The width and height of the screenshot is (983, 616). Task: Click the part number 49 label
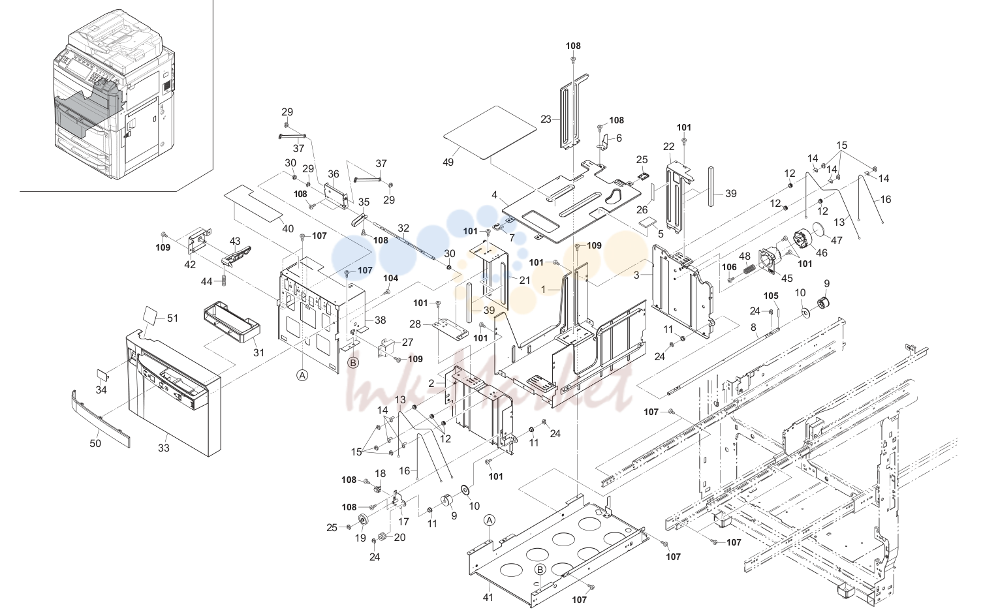coord(448,162)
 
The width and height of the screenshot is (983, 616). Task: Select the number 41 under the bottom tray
coord(488,597)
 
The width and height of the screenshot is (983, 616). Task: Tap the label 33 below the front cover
coord(163,448)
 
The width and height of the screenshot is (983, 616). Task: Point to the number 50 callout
coord(95,443)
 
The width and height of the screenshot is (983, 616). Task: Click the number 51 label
coord(172,318)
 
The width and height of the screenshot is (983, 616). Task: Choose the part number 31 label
coord(259,352)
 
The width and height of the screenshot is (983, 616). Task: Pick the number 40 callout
coord(288,228)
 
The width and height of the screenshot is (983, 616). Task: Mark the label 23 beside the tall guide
coord(546,119)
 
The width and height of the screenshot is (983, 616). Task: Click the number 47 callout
coord(836,240)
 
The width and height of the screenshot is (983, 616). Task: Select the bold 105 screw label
coord(771,296)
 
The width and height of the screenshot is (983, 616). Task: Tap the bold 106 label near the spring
coord(729,267)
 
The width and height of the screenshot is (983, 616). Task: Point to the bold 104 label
coord(390,278)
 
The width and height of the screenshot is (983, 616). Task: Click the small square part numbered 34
coord(102,375)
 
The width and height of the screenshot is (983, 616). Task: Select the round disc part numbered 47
coord(819,230)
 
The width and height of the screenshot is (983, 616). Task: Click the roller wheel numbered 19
coord(363,520)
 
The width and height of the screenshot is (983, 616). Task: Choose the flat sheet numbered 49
coord(490,132)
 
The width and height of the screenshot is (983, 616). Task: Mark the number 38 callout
coord(380,320)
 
